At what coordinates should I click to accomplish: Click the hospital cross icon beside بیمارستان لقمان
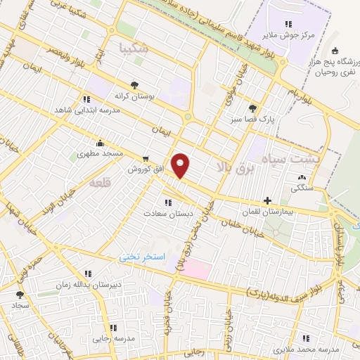point(267,200)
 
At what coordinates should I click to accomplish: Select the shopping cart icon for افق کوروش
point(146,159)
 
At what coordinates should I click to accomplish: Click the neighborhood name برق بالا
point(230,167)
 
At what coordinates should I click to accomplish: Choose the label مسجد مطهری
point(101,153)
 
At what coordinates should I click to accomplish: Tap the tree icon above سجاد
point(19,295)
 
